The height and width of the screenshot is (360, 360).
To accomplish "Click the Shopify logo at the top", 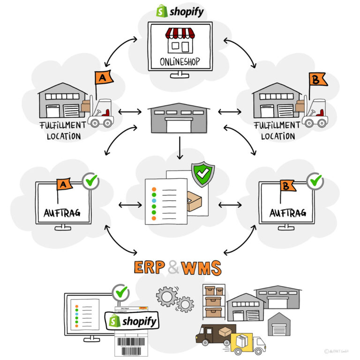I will (180, 11).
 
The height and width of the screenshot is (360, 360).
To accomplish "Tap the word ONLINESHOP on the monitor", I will (180, 60).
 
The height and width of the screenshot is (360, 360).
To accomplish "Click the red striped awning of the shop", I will (180, 34).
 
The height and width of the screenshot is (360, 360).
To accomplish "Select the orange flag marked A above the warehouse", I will (104, 77).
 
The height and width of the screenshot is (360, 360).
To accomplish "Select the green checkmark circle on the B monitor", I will (315, 180).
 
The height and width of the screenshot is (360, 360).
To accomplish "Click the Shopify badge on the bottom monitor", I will (133, 321).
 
